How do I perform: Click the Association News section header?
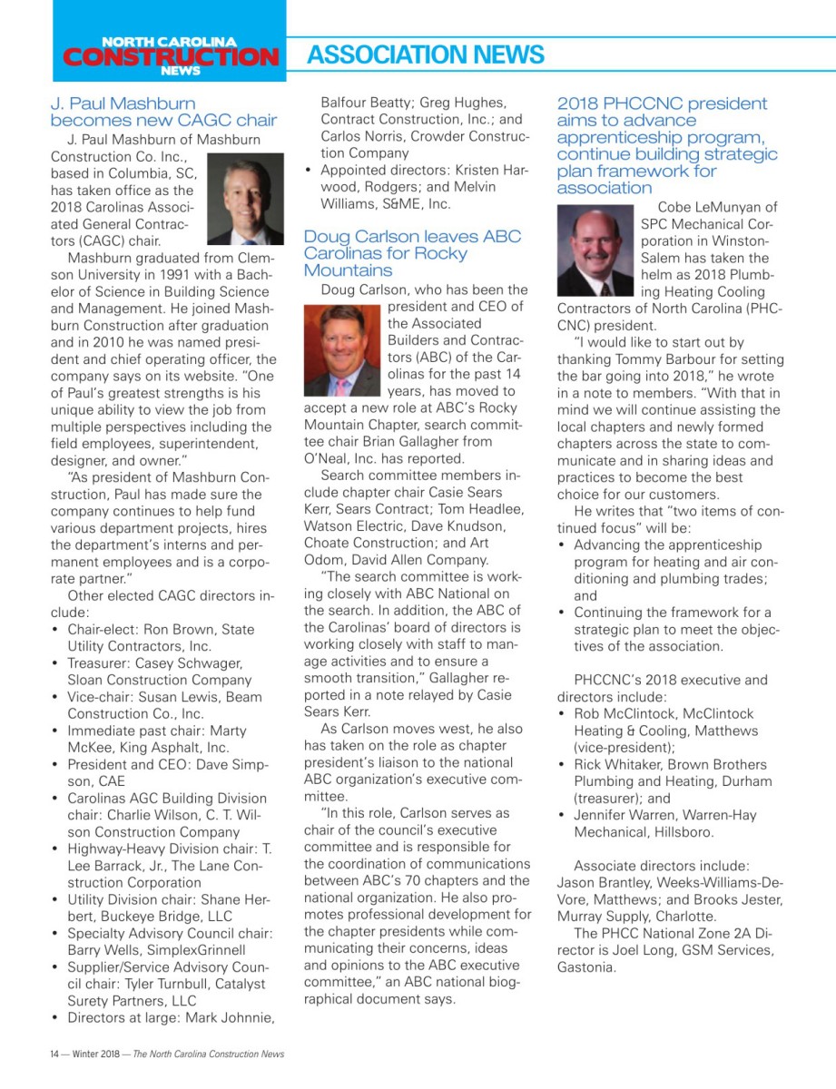[425, 55]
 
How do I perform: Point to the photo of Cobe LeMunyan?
[595, 250]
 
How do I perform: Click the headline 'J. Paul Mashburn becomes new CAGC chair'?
[163, 112]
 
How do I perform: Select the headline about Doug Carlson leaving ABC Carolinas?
[412, 253]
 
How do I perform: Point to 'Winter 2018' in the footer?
[96, 1054]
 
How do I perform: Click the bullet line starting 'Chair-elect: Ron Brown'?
[161, 637]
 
